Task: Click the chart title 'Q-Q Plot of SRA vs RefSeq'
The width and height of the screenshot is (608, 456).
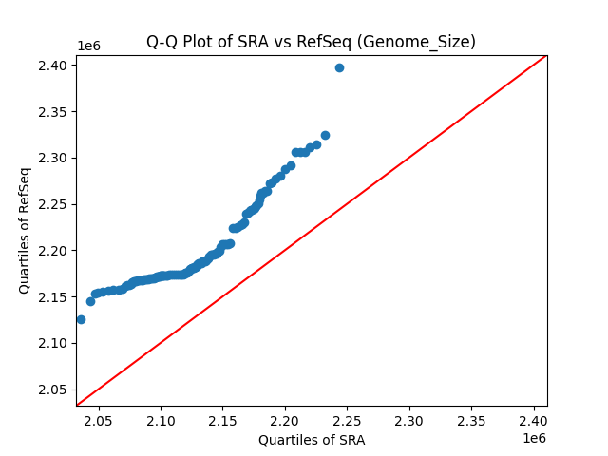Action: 311,42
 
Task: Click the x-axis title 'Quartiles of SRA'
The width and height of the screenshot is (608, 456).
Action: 311,440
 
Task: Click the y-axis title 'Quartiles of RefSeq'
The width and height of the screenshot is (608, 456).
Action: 25,231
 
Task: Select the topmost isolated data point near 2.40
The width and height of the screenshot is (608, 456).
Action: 339,67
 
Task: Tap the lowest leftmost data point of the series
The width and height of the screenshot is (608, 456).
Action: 81,319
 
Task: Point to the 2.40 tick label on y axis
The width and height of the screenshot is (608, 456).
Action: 54,66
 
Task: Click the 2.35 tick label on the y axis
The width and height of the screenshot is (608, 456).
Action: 54,112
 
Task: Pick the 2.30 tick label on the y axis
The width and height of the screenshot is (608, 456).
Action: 54,158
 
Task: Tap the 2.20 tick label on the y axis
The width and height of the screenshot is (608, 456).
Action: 54,251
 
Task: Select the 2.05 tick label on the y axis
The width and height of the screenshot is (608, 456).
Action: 54,389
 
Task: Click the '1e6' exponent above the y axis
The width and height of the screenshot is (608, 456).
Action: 88,46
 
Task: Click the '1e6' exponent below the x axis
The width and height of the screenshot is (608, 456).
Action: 534,438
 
